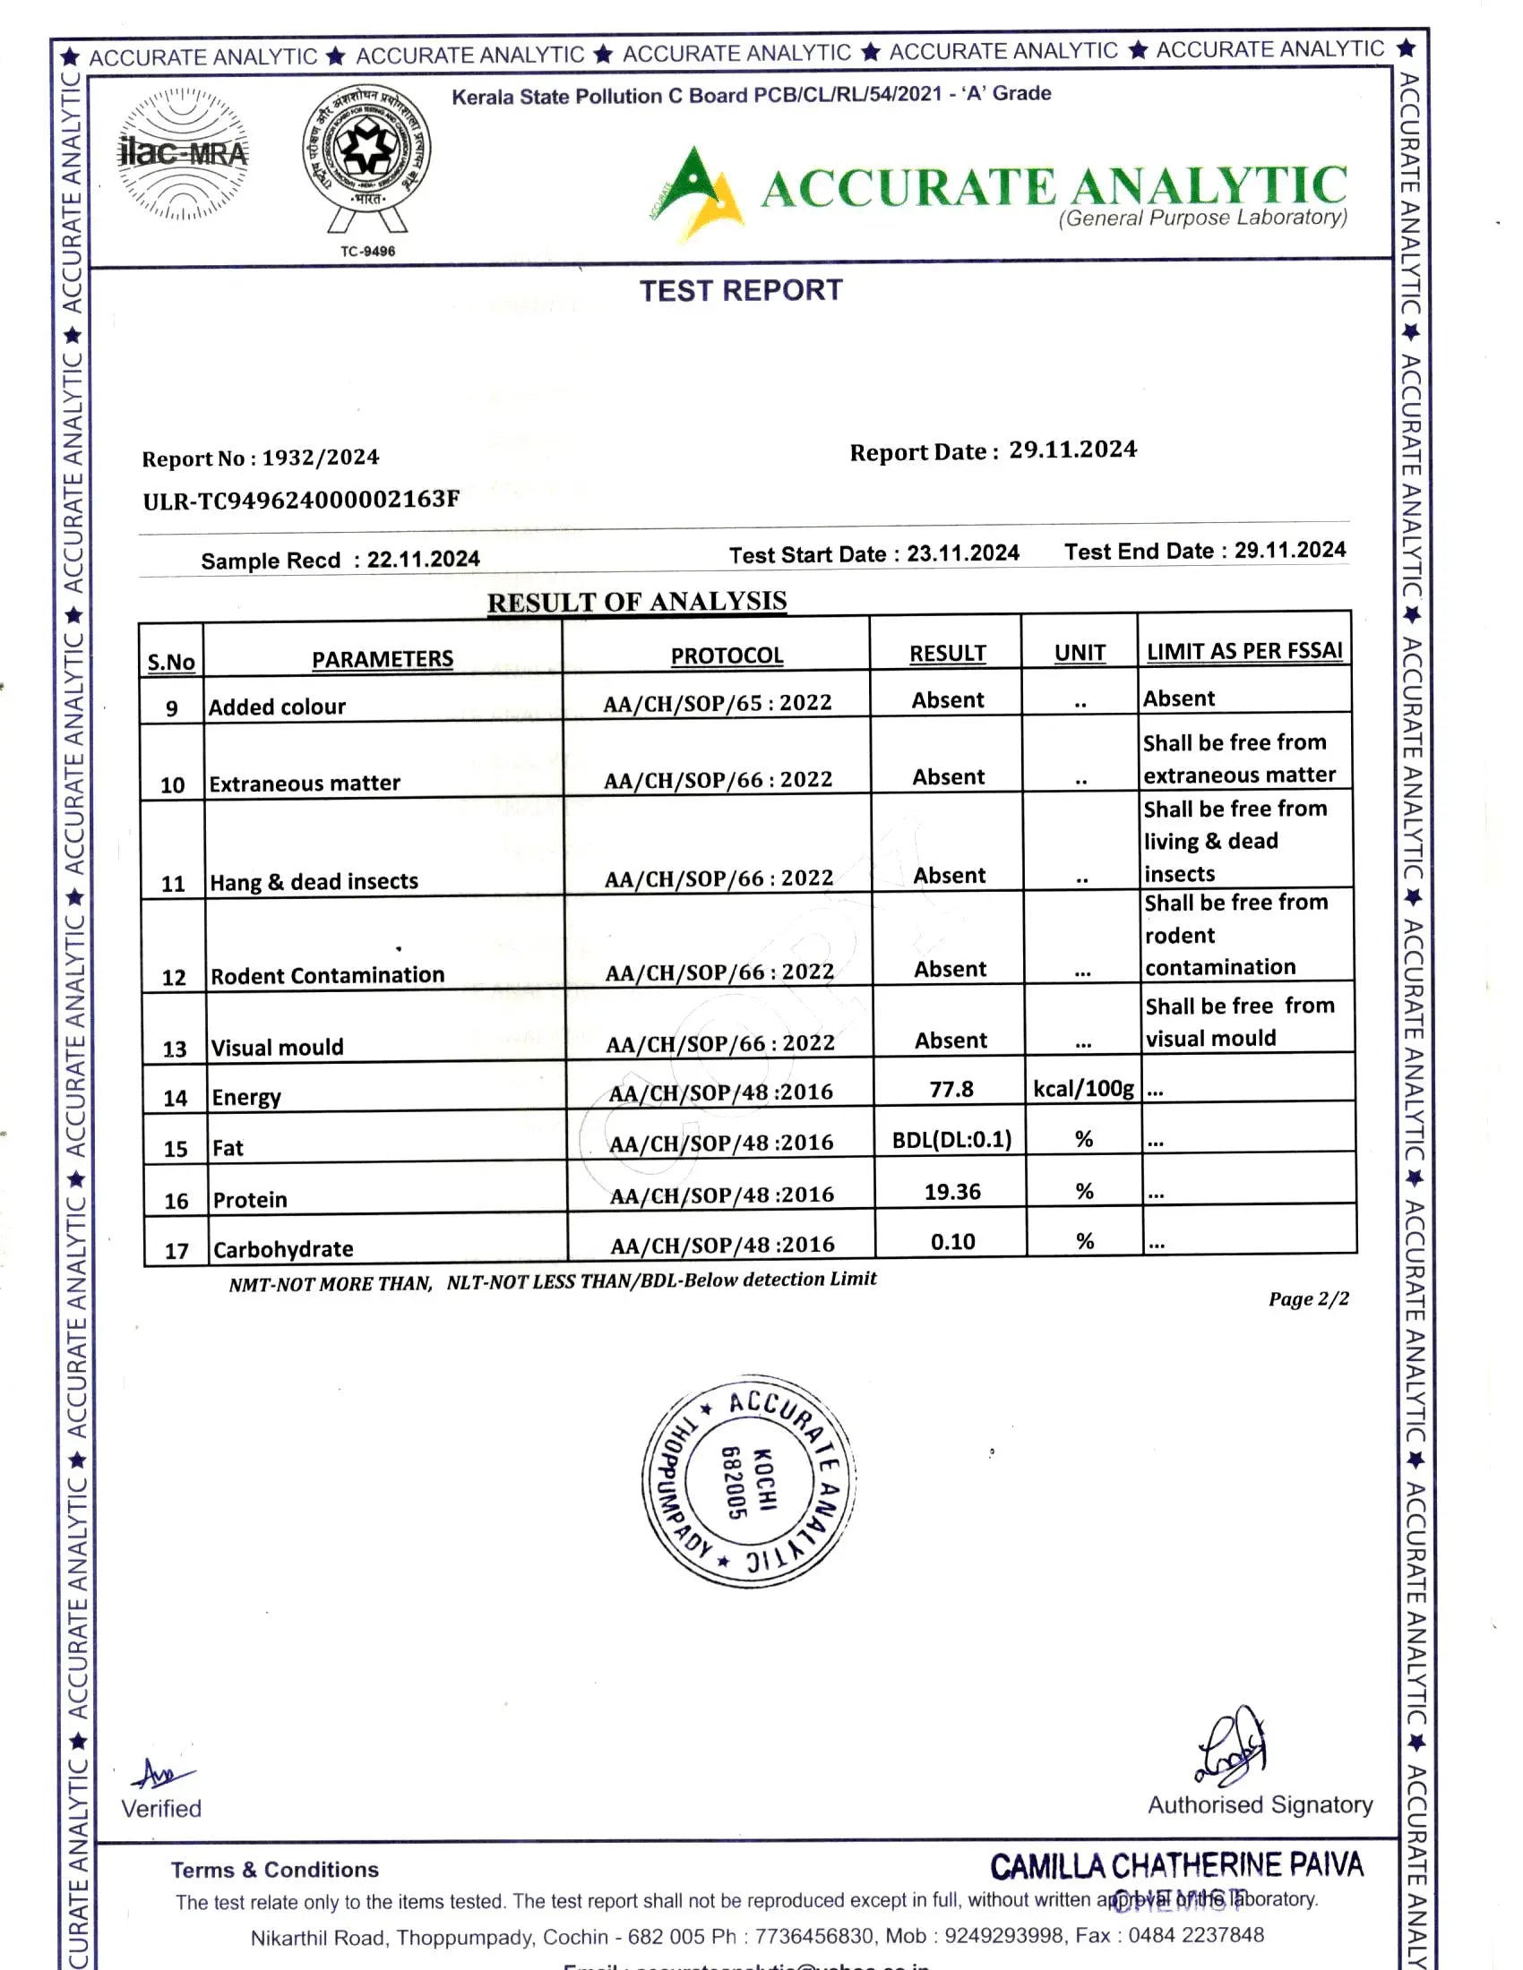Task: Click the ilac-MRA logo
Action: click(182, 153)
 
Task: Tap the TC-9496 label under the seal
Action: click(367, 251)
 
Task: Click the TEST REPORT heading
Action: click(741, 290)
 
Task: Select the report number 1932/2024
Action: click(321, 458)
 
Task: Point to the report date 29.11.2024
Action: click(1071, 450)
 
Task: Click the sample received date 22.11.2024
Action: click(422, 560)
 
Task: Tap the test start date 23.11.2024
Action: click(963, 552)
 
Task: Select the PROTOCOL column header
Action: click(727, 655)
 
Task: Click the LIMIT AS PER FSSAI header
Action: click(1244, 650)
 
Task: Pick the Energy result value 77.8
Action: click(951, 1089)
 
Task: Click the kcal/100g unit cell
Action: click(1083, 1089)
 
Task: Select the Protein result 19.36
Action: click(951, 1192)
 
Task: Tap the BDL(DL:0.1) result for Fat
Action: click(951, 1139)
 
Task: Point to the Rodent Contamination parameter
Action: click(328, 975)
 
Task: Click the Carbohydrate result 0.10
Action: click(953, 1242)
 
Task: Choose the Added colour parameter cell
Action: click(277, 707)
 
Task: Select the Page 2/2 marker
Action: click(1308, 1299)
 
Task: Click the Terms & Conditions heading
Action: click(274, 1869)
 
